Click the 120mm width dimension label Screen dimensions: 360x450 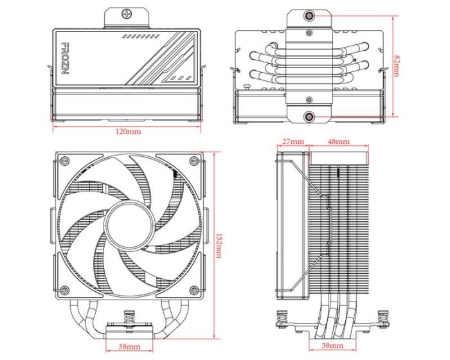pyautogui.click(x=128, y=132)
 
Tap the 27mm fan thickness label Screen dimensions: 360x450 pyautogui.click(x=292, y=141)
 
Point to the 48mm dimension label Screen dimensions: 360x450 pyautogui.click(x=338, y=141)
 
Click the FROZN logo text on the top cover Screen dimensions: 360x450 pyautogui.click(x=64, y=60)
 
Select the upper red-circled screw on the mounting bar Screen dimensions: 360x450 pyautogui.click(x=310, y=15)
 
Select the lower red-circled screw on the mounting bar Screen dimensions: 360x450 pyautogui.click(x=310, y=116)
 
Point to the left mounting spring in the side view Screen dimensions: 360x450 pyautogui.click(x=280, y=318)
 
